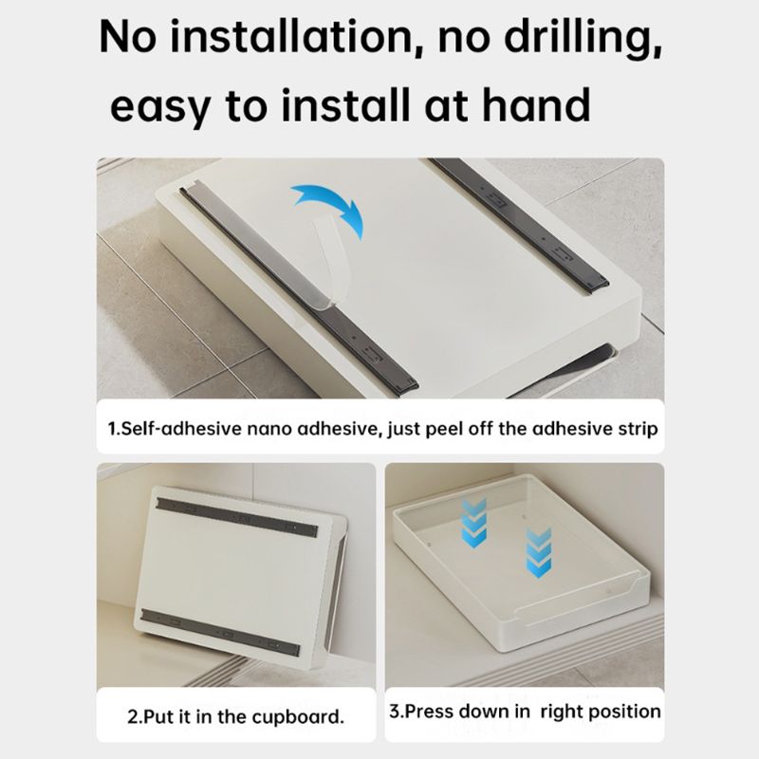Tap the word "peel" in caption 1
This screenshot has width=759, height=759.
[443, 430]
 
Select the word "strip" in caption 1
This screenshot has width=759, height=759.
[638, 430]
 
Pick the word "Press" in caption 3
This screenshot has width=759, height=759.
[429, 712]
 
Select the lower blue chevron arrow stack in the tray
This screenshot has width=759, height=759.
[538, 553]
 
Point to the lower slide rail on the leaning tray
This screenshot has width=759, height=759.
[220, 633]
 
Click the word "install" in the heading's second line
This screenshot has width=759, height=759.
[346, 104]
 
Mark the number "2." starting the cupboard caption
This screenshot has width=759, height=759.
[135, 717]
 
